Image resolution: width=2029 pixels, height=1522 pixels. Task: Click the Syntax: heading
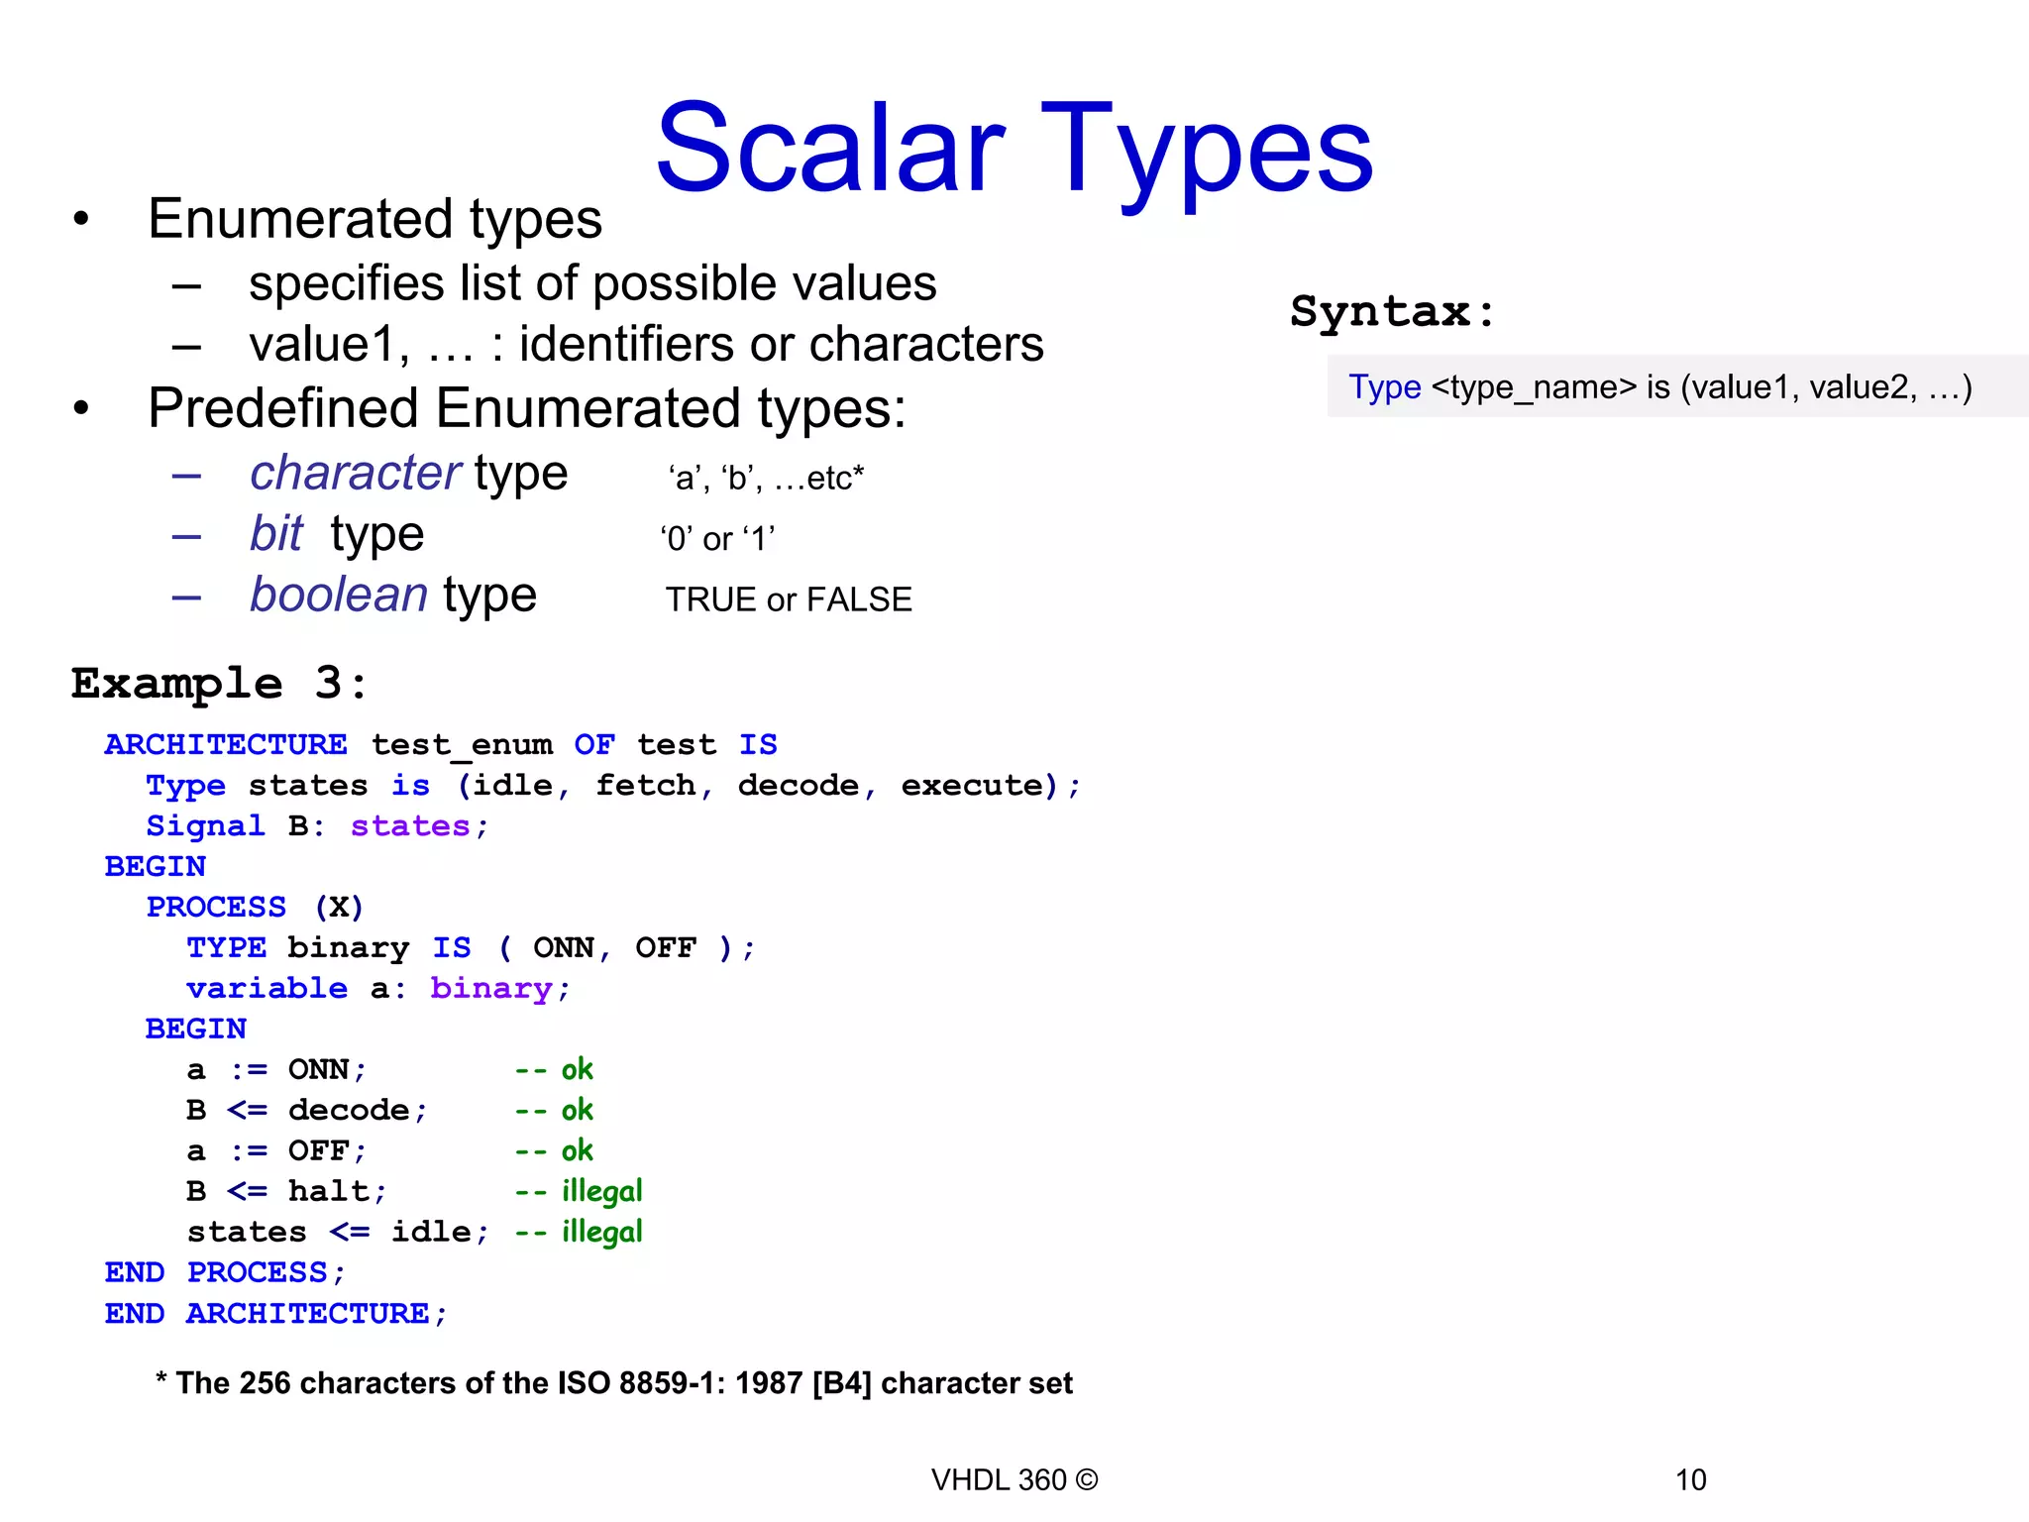[1392, 312]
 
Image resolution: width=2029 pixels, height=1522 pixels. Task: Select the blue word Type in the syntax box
[1384, 386]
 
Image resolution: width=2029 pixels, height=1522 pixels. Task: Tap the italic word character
[355, 473]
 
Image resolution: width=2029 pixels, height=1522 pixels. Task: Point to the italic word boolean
[339, 595]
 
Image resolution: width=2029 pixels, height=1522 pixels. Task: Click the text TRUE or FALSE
[788, 599]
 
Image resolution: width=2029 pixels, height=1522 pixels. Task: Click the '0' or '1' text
[717, 539]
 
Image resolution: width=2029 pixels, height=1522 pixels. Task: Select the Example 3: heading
[219, 684]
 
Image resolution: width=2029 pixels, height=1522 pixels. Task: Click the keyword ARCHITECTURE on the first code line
[226, 744]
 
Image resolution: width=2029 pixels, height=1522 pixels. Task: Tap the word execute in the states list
[972, 785]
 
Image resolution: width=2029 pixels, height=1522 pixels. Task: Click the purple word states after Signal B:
[410, 825]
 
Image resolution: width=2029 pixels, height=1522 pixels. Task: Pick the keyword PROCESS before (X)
[216, 907]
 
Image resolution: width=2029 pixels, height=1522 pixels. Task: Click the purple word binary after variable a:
[491, 988]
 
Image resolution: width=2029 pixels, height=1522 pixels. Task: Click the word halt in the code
[329, 1191]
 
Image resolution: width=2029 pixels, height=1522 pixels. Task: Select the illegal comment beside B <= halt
[601, 1191]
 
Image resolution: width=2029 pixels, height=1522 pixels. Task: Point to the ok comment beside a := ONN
[577, 1069]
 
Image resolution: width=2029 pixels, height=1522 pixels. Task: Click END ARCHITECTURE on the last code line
[275, 1314]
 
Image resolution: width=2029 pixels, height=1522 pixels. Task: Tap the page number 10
[1690, 1479]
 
